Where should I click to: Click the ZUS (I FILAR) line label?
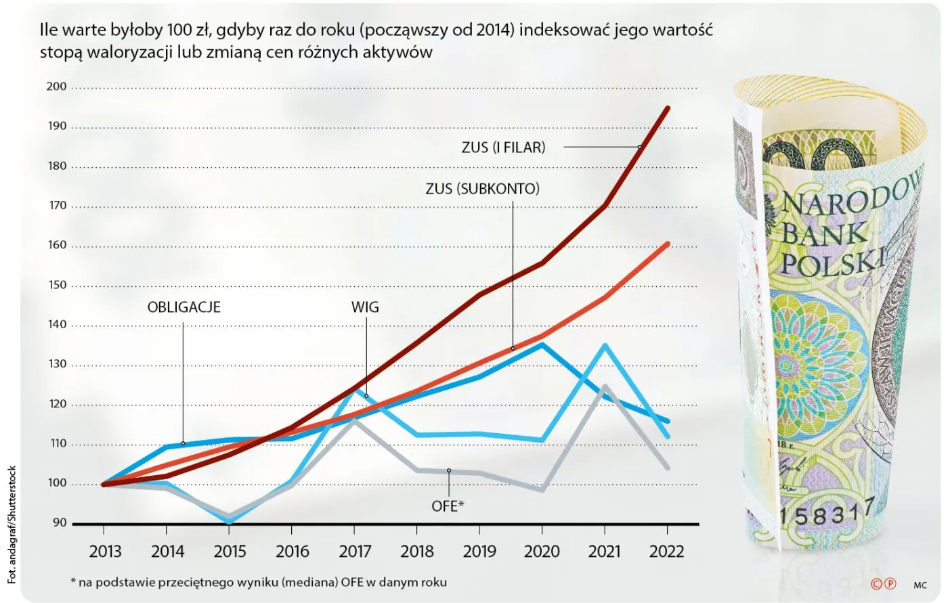(x=503, y=147)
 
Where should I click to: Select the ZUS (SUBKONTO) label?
(x=482, y=189)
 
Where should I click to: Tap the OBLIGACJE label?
(x=184, y=307)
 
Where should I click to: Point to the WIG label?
(x=365, y=307)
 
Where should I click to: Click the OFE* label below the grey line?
(x=448, y=506)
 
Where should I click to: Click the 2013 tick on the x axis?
(x=105, y=552)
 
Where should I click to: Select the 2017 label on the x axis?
(x=355, y=552)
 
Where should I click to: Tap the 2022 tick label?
(x=666, y=552)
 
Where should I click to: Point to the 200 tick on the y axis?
(x=57, y=87)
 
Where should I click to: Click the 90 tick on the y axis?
(x=60, y=523)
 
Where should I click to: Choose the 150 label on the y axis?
(x=57, y=285)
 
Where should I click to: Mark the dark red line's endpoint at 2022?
(x=668, y=108)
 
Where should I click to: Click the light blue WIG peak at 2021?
(x=605, y=345)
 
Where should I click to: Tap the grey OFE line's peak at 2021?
(x=605, y=386)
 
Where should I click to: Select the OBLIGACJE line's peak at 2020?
(x=542, y=344)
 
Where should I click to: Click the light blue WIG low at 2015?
(x=230, y=522)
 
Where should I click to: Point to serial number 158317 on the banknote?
(x=827, y=514)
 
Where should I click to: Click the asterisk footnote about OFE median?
(x=258, y=582)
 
